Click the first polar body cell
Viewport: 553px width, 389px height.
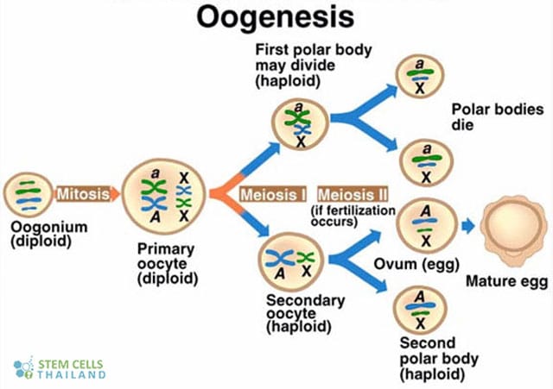299,124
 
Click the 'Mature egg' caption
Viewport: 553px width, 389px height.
506,281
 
